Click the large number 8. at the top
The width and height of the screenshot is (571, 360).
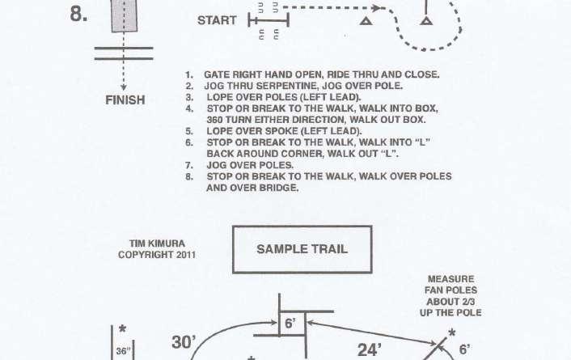[78, 14]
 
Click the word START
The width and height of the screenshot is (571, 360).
[218, 20]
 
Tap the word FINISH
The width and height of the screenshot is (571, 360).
[125, 100]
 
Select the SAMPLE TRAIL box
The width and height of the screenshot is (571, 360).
[302, 249]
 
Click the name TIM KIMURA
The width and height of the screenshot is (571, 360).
[153, 243]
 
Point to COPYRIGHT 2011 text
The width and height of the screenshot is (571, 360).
[153, 254]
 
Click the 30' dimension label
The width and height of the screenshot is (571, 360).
[185, 342]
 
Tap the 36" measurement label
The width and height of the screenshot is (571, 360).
[121, 351]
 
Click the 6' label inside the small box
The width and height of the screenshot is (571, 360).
[291, 322]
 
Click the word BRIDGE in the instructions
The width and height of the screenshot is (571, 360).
[278, 188]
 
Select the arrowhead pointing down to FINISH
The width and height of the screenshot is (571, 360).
[123, 85]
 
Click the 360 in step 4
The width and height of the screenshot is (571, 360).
[216, 119]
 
